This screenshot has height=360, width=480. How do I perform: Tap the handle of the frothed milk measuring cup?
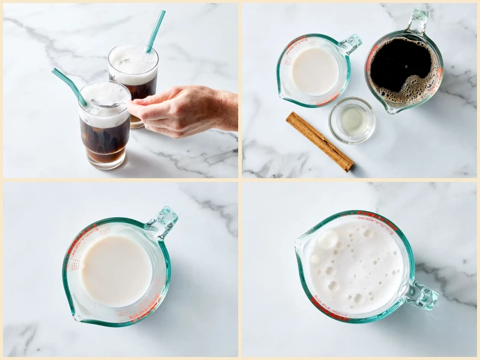point(423,295)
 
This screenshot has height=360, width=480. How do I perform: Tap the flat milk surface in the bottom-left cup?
point(116,269)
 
